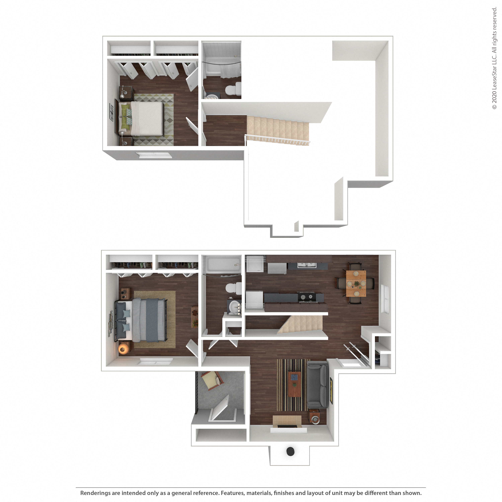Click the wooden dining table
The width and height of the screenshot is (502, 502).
(x=356, y=283)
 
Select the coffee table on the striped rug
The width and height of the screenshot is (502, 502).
(x=294, y=385)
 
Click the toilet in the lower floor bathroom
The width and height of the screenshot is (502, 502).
(x=233, y=288)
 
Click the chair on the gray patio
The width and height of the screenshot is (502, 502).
(x=212, y=381)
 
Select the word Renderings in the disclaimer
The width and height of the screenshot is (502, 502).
(x=95, y=493)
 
